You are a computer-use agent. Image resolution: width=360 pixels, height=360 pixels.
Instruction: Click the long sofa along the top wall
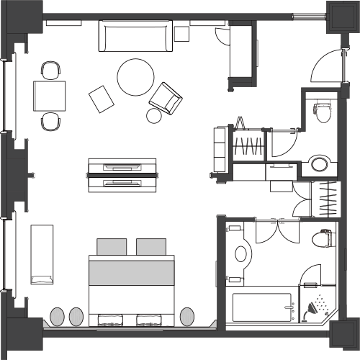point(135,36)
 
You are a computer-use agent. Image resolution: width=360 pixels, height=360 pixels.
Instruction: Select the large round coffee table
point(135,77)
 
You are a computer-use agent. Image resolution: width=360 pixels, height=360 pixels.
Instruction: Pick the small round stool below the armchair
point(156,115)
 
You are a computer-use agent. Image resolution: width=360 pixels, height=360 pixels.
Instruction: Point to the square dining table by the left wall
point(49,96)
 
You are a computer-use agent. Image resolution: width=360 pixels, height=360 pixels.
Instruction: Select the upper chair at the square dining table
point(50,71)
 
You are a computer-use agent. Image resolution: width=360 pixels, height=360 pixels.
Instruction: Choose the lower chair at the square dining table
point(50,121)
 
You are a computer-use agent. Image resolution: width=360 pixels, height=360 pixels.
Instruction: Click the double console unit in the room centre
point(122,174)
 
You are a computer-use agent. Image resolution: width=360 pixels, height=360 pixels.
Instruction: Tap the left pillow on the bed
point(111,246)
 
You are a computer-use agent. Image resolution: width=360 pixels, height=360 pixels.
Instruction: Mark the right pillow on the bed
point(150,246)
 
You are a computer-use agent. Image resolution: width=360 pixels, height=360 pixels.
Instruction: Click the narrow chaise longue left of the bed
point(41,254)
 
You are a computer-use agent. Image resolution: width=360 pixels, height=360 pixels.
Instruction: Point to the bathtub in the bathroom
point(263,307)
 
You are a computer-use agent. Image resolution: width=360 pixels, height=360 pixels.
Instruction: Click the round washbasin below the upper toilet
point(318,163)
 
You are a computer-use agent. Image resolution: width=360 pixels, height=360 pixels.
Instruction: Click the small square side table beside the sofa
point(182,34)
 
